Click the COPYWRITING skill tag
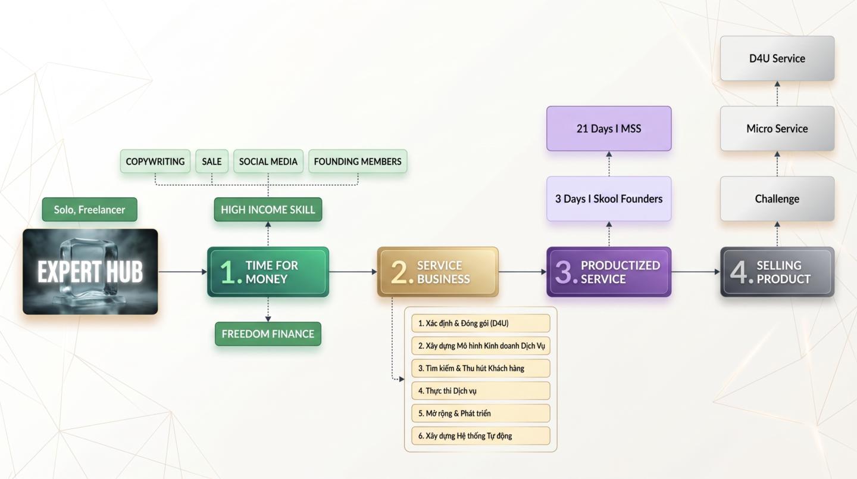tap(155, 161)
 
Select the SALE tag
tap(212, 161)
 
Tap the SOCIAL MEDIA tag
tap(268, 161)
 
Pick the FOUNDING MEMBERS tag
tap(358, 161)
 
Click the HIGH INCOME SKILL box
tap(268, 210)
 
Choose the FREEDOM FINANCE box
tap(268, 334)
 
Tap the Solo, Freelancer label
tap(89, 210)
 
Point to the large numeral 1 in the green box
tap(229, 272)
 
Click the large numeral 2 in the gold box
tap(399, 272)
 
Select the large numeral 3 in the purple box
tap(563, 272)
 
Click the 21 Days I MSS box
tap(609, 129)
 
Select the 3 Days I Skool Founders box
tap(609, 199)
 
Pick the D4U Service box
tap(777, 58)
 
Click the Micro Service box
tap(777, 129)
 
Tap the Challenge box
tap(777, 199)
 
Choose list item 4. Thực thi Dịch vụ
tap(480, 391)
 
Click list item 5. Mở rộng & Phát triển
tap(480, 413)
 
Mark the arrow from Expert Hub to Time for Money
tap(183, 272)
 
